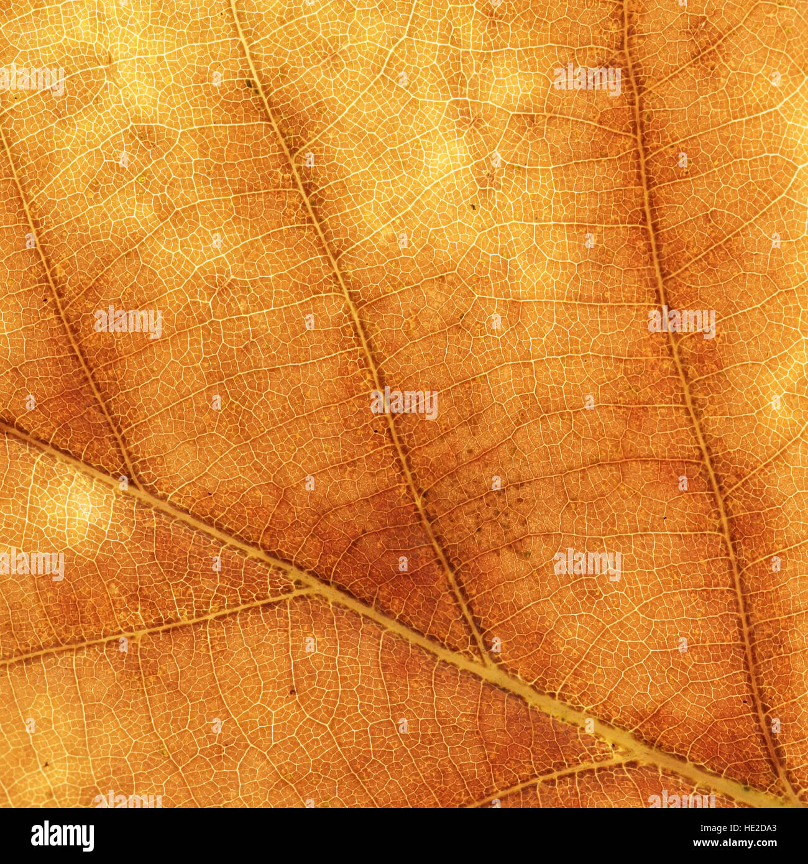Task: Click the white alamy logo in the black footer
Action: [x=62, y=836]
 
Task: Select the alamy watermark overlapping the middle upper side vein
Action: [x=404, y=403]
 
